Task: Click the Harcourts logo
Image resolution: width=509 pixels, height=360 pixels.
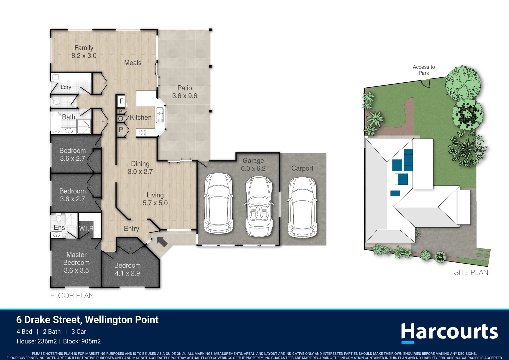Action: [x=449, y=332]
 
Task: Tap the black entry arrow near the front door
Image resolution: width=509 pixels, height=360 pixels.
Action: [x=162, y=241]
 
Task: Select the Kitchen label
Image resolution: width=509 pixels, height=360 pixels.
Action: [x=140, y=117]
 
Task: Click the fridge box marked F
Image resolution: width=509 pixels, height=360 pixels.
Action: [x=121, y=101]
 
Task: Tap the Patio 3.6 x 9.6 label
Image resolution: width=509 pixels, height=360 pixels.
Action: [x=185, y=92]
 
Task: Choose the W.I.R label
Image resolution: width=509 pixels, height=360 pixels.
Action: [x=86, y=228]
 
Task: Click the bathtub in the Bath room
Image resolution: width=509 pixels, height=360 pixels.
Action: [x=56, y=123]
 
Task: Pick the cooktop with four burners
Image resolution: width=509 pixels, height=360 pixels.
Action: [x=142, y=133]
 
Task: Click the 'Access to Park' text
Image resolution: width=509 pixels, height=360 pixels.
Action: [x=424, y=70]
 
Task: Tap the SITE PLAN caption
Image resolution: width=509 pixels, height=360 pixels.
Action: [x=471, y=272]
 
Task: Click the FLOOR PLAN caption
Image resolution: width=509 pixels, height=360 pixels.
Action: [x=72, y=295]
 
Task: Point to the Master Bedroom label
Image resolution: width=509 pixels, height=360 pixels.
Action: [x=76, y=262]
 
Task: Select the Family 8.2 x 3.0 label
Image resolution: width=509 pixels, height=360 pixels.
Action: [x=84, y=52]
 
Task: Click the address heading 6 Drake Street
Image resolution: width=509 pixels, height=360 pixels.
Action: [x=87, y=320]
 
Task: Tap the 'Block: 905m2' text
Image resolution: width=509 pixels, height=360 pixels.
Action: [x=82, y=341]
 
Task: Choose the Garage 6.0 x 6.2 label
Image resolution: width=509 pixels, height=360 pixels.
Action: [x=253, y=164]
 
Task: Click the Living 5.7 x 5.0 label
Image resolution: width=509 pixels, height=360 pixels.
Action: [x=155, y=199]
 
